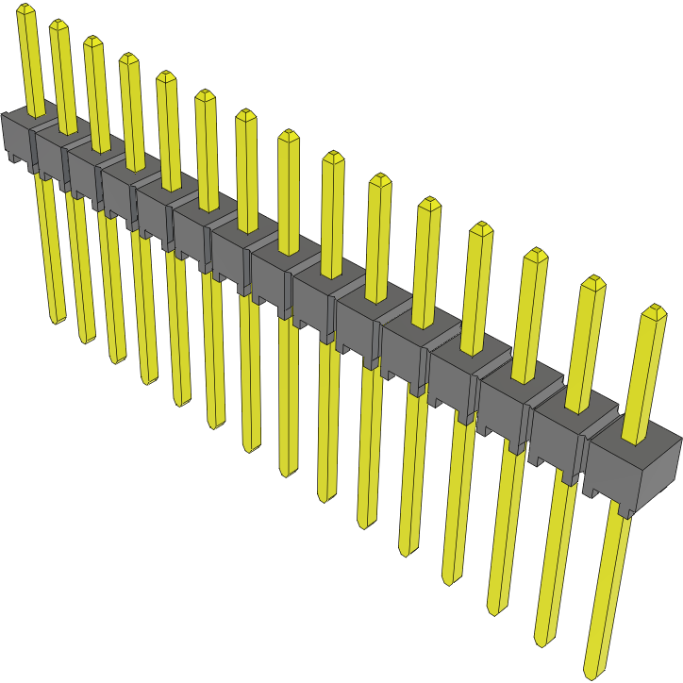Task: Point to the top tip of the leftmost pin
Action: [25, 10]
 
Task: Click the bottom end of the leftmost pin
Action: [58, 318]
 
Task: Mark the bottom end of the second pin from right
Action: [543, 641]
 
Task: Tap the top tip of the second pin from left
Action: [58, 25]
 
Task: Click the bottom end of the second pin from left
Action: [87, 338]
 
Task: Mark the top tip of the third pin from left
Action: [92, 42]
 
